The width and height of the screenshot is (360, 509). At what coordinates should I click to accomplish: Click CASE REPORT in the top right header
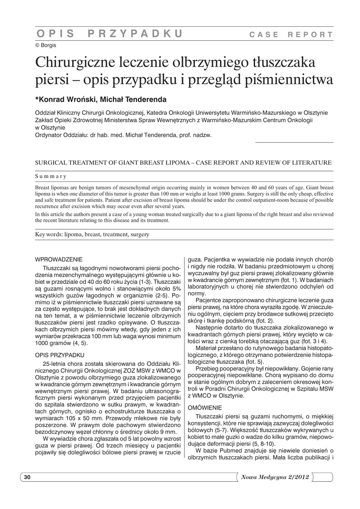pyautogui.click(x=291, y=35)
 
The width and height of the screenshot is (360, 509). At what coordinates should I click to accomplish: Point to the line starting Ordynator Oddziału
pyautogui.click(x=122, y=135)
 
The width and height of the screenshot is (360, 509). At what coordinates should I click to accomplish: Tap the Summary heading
pyautogui.click(x=51, y=176)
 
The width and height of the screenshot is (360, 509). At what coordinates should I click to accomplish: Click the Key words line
pyautogui.click(x=92, y=234)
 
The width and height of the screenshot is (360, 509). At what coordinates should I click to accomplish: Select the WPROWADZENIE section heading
pyautogui.click(x=59, y=259)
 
